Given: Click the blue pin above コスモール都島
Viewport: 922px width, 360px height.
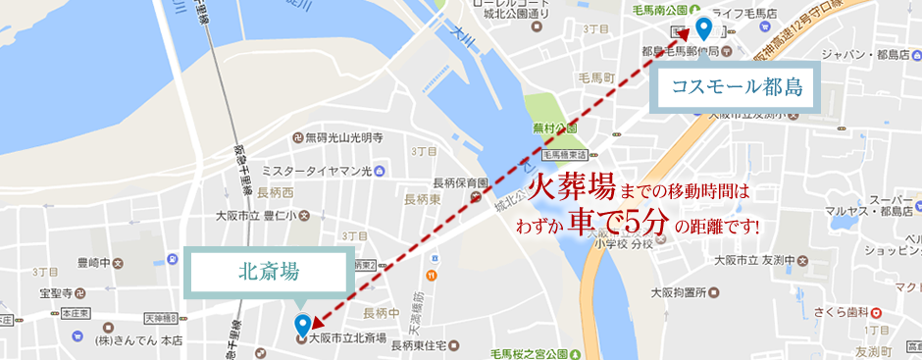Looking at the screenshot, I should [702, 29].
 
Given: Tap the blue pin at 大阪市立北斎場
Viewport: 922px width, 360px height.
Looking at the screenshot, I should [303, 323].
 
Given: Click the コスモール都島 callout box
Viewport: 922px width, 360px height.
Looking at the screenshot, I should [737, 86].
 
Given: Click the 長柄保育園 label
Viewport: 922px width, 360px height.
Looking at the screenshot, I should [460, 183].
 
